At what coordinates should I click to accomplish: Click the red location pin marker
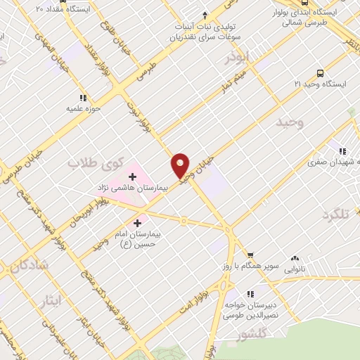[x=181, y=165]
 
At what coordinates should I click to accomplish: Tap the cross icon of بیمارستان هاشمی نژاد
[x=132, y=176]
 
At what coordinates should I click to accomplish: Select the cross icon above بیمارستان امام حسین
[x=146, y=222]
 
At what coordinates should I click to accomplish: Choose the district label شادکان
[x=25, y=266]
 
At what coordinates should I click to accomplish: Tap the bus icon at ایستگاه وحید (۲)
[x=321, y=72]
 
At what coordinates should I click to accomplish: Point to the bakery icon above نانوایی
[x=295, y=258]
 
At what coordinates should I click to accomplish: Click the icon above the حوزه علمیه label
[x=83, y=98]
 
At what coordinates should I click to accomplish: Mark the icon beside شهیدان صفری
[x=342, y=151]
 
